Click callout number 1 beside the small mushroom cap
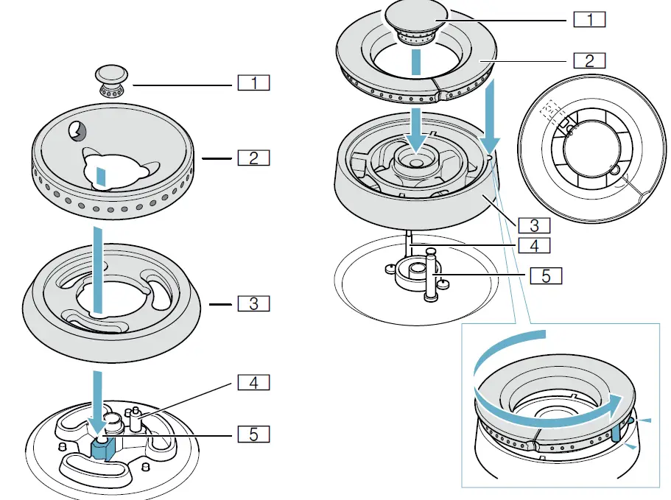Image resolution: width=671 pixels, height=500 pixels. click(x=253, y=82)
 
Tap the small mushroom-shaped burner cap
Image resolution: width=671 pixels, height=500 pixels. click(x=113, y=79)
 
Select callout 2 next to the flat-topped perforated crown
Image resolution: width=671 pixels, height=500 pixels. click(x=253, y=158)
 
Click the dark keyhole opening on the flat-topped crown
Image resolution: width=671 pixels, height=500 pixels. click(x=76, y=131)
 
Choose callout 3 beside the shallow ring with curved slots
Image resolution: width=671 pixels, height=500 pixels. click(x=253, y=303)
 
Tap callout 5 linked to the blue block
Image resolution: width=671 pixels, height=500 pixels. click(x=253, y=434)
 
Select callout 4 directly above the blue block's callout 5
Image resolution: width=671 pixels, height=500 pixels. click(x=253, y=382)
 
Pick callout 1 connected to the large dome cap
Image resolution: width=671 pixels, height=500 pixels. click(x=589, y=20)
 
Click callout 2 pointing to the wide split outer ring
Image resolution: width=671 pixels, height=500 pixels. click(x=589, y=60)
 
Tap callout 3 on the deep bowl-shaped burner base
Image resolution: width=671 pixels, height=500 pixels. click(x=534, y=224)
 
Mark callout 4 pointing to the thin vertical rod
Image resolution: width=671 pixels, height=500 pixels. click(x=534, y=244)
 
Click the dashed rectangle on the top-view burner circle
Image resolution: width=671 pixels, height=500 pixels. click(x=547, y=112)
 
